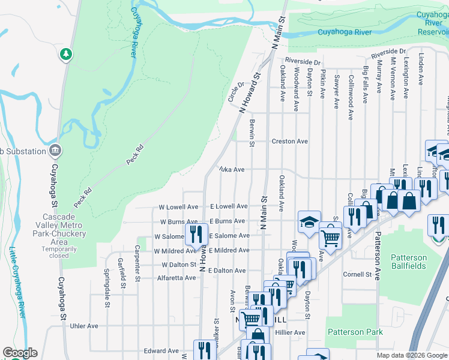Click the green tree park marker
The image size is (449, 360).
pos(65,55)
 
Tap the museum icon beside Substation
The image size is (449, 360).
pos(55,150)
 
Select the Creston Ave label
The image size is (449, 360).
pos(289,142)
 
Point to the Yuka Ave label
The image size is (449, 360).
pos(231,170)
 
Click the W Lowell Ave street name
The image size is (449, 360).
pos(178,207)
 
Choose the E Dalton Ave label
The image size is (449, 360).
pos(228,271)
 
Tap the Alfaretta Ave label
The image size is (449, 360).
pos(176,278)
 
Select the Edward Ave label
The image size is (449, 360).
pos(161,351)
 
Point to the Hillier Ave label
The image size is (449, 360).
pos(290,332)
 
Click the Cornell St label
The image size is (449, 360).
pos(357,275)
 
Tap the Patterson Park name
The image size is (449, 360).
pos(355,332)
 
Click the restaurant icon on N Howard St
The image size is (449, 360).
pos(196,234)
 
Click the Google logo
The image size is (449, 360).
pos(20,353)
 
